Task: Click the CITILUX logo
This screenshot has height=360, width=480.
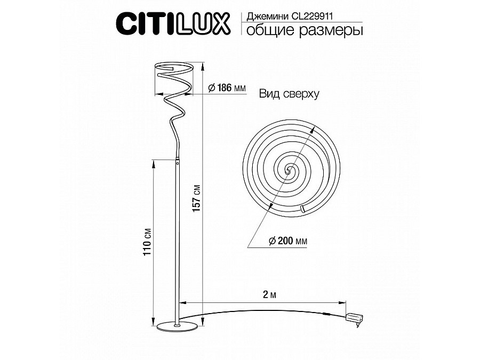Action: click(173, 24)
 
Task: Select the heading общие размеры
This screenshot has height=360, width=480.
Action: click(302, 30)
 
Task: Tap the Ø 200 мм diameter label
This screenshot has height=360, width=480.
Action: click(289, 241)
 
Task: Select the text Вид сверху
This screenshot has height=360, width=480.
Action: click(289, 94)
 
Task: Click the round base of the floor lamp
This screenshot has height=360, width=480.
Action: click(177, 326)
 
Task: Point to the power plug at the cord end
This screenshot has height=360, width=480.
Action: click(355, 319)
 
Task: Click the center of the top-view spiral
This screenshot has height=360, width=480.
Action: click(289, 171)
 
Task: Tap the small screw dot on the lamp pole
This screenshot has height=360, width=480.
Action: click(178, 165)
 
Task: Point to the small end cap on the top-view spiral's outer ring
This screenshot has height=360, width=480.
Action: click(302, 209)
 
